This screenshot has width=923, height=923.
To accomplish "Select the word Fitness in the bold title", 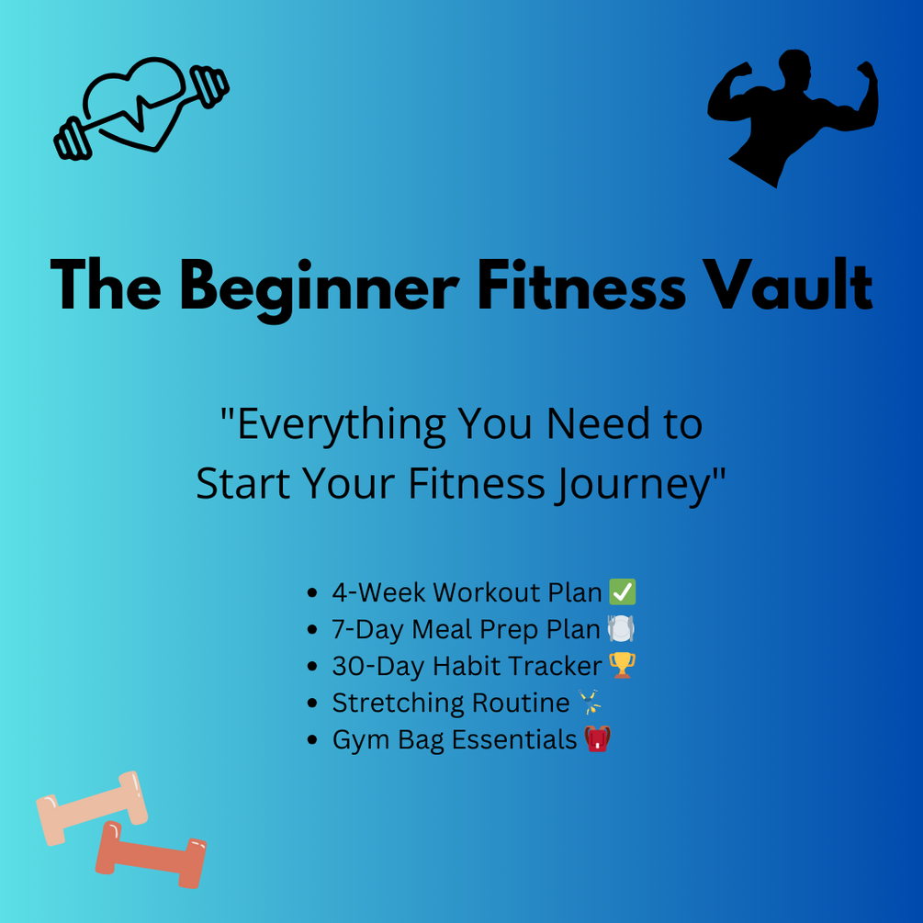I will pyautogui.click(x=581, y=286).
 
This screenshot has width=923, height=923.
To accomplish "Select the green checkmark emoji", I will pyautogui.click(x=622, y=592).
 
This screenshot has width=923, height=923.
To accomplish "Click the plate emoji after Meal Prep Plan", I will pyautogui.click(x=621, y=629).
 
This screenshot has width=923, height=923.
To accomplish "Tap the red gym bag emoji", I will pyautogui.click(x=597, y=739).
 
